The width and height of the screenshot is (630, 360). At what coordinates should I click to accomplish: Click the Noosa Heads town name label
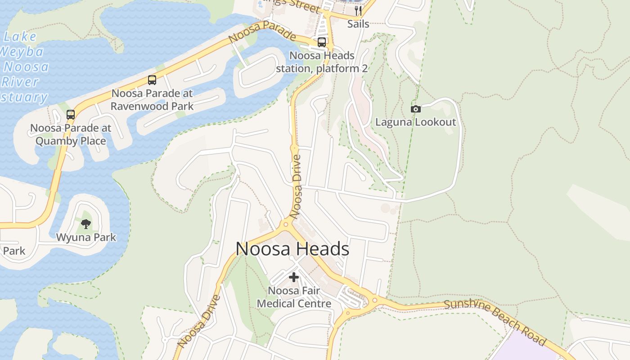pos(292,249)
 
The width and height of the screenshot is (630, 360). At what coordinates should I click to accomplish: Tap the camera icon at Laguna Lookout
pos(416,109)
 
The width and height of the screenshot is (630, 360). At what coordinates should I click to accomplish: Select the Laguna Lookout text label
pos(416,122)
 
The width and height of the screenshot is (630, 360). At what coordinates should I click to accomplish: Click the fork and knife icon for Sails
pos(358,11)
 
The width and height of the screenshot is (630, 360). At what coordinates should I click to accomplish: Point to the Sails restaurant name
pos(358,24)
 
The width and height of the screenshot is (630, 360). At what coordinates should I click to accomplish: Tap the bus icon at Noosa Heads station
pos(322,42)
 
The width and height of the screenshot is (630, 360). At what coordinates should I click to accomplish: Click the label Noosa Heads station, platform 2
pos(322,62)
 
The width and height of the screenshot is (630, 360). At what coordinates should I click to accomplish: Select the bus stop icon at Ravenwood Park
pos(152,80)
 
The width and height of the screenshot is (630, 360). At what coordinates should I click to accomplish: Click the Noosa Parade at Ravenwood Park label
pos(152,100)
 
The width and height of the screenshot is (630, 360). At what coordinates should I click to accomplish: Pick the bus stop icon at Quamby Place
pos(71,114)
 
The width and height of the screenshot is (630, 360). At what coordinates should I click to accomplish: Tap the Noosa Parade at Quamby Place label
pos(71,134)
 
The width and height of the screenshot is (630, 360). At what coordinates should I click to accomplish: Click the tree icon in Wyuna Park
pos(86,224)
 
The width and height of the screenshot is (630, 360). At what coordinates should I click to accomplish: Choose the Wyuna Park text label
pos(86,237)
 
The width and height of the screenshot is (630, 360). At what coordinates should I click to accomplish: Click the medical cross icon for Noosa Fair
pos(294,277)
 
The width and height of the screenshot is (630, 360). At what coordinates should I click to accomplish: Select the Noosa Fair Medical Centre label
pos(294,297)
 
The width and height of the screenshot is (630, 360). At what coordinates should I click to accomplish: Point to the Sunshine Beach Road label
pos(495,321)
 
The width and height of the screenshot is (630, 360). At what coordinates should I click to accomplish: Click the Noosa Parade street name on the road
pos(262,33)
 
